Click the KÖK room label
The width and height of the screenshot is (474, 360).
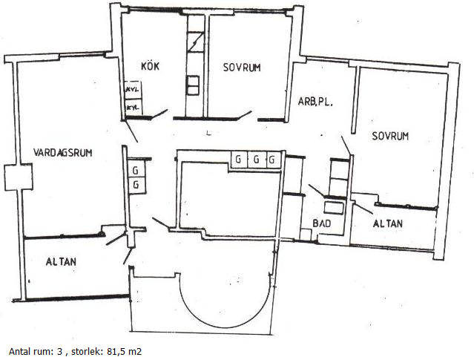(x=151, y=66)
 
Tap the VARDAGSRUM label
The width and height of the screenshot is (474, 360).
(x=62, y=152)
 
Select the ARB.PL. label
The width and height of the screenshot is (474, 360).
(x=315, y=102)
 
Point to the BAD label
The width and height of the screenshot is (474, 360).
(x=322, y=223)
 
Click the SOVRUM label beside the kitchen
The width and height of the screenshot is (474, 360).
(x=242, y=67)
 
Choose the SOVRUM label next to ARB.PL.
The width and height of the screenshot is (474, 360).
(x=390, y=136)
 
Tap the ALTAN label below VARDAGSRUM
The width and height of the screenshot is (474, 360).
(x=61, y=262)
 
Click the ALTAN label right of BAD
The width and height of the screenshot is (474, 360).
(x=388, y=223)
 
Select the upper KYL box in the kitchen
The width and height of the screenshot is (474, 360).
(x=134, y=90)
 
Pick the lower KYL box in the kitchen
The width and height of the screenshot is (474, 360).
(x=134, y=107)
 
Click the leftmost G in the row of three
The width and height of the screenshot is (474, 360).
(x=239, y=159)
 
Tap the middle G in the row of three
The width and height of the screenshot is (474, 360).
(x=257, y=159)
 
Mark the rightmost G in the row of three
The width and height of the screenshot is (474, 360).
(x=273, y=159)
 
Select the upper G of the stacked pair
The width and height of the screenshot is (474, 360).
(x=136, y=170)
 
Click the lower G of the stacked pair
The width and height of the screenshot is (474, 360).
(x=136, y=185)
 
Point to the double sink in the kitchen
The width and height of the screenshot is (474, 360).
(x=193, y=85)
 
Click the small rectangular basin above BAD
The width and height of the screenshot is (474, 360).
(x=334, y=209)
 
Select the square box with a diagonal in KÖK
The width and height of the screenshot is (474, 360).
(x=195, y=42)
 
